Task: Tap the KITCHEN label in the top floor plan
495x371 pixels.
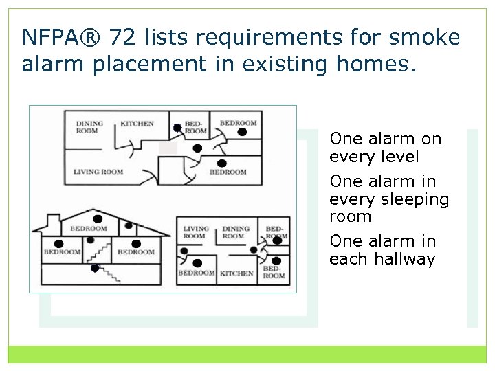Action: click(137, 124)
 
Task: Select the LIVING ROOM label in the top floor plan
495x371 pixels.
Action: click(98, 172)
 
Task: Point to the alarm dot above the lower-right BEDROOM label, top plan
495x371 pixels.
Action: click(222, 163)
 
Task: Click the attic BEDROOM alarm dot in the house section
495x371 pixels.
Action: click(98, 219)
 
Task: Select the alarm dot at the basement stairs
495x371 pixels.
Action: click(95, 268)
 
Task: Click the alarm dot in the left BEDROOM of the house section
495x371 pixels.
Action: click(59, 244)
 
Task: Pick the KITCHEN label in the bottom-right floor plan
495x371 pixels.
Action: click(236, 273)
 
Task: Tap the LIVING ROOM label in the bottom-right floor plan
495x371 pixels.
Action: click(195, 232)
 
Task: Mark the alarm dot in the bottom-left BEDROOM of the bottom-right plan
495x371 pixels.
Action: click(197, 263)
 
